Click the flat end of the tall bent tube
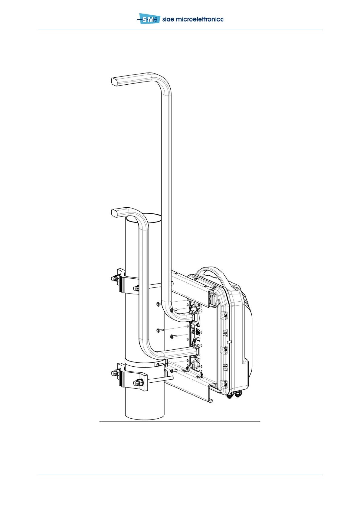pyautogui.click(x=114, y=82)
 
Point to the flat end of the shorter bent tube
pyautogui.click(x=114, y=213)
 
